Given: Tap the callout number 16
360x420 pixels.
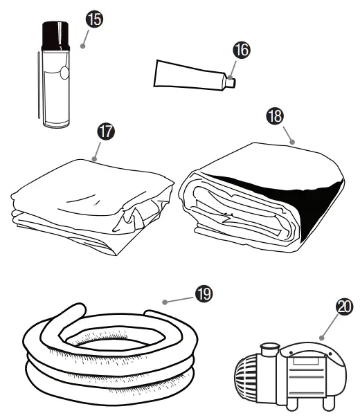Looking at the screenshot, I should tap(242, 50).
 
